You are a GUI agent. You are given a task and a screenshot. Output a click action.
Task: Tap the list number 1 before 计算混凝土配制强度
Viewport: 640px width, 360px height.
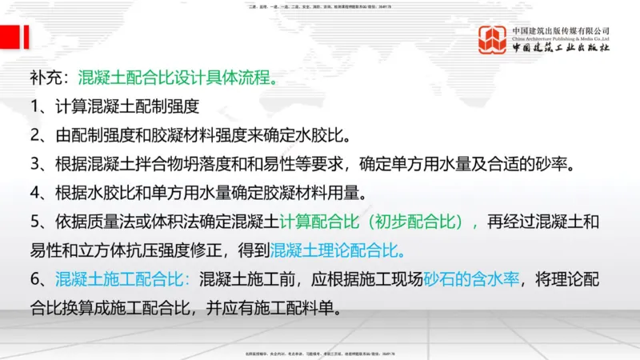click(x=35, y=106)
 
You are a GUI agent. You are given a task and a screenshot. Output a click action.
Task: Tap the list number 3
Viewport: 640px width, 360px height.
click(x=35, y=164)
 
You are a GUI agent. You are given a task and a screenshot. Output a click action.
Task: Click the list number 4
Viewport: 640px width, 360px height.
click(x=35, y=193)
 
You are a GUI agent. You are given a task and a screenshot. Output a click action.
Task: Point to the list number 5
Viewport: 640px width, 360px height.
click(x=35, y=222)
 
